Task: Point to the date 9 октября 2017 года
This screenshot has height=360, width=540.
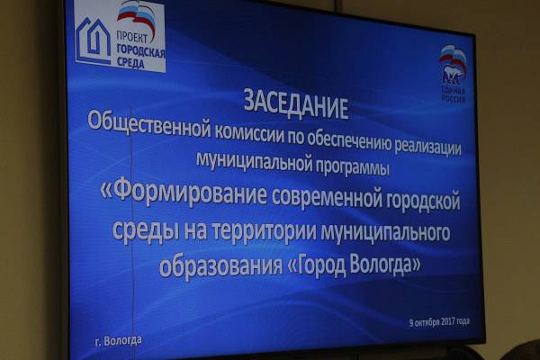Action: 439,322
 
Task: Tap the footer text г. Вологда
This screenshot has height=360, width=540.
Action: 118,341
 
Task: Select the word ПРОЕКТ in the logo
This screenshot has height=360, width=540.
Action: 132,37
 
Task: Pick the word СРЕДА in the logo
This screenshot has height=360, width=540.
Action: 130,62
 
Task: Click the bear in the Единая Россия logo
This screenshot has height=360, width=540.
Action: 453,76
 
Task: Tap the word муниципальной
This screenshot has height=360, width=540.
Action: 254,160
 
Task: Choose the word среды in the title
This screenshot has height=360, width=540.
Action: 145,230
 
